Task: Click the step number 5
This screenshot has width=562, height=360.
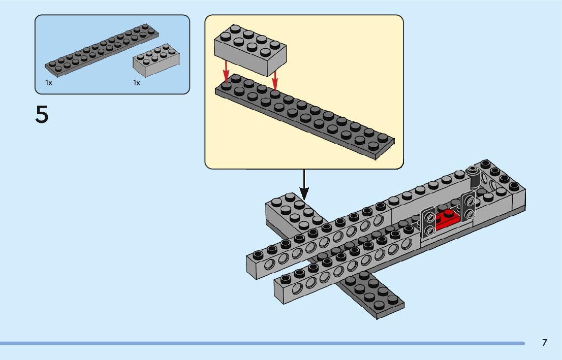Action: (x=42, y=114)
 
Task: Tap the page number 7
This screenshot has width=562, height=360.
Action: (x=544, y=342)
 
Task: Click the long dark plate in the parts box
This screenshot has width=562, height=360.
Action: (x=102, y=50)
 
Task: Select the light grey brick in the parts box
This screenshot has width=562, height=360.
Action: (x=157, y=60)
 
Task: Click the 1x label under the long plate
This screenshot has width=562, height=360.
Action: (x=49, y=83)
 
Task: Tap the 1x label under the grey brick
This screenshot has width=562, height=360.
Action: (x=137, y=83)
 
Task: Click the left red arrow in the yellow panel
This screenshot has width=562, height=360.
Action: (x=226, y=71)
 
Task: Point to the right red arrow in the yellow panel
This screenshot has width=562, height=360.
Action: (x=275, y=80)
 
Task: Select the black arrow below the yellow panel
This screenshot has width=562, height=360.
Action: (x=304, y=184)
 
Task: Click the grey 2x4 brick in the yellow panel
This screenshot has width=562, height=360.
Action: (x=250, y=50)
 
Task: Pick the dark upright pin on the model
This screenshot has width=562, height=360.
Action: (x=474, y=177)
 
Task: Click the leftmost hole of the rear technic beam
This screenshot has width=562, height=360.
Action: (x=269, y=265)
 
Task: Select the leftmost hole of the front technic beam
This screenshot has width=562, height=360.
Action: (x=297, y=288)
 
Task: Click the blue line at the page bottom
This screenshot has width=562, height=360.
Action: (x=262, y=344)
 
